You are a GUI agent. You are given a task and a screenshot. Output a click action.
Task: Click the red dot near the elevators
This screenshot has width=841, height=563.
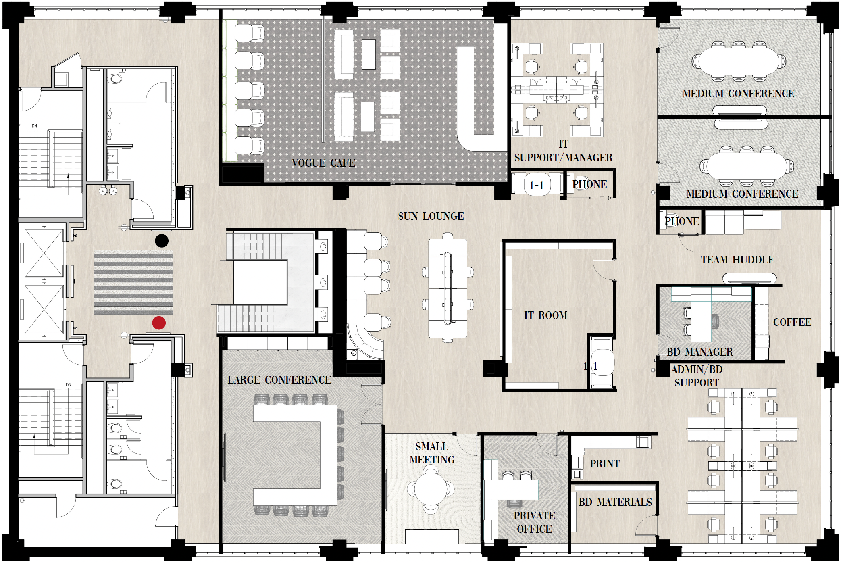[x=159, y=323]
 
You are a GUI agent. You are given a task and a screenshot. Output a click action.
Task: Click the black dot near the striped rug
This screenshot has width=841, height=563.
[x=162, y=241]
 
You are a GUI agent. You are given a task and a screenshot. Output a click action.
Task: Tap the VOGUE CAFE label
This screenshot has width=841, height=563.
[x=323, y=163]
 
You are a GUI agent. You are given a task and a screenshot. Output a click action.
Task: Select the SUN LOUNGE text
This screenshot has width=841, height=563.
[x=431, y=216]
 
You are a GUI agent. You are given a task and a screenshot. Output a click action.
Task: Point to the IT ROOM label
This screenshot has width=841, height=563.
[x=545, y=315]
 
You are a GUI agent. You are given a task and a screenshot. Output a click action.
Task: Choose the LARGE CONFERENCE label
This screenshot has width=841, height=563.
[x=279, y=380]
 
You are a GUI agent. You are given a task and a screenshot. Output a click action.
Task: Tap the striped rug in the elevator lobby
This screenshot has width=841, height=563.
[x=133, y=282]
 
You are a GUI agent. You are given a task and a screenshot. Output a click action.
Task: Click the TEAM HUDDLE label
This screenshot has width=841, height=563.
[x=737, y=260]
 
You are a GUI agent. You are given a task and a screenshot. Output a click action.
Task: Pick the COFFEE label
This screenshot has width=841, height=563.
[x=792, y=322]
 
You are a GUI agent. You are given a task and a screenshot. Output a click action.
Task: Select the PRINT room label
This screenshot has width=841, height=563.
[x=604, y=464]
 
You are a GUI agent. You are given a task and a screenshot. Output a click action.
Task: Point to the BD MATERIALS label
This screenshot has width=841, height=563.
[x=615, y=502]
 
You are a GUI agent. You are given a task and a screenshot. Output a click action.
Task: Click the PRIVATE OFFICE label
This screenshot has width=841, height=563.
[x=534, y=522]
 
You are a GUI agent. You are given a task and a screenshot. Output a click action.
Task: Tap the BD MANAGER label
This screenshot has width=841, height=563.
[x=699, y=352]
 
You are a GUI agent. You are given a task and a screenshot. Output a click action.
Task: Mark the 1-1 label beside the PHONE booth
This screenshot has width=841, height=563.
[x=536, y=186]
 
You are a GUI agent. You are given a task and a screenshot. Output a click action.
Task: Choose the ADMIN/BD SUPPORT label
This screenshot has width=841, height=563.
[x=697, y=376]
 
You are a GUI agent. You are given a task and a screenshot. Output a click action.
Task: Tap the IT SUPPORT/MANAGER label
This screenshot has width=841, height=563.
[x=563, y=151]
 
